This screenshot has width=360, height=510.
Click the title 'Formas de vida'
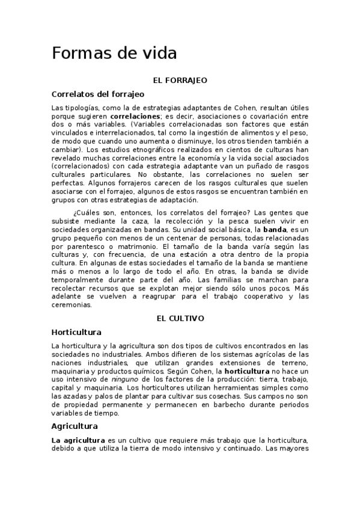pyautogui.click(x=114, y=54)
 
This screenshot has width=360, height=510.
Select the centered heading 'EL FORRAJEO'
pyautogui.click(x=180, y=79)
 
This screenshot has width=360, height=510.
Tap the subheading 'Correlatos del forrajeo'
pyautogui.click(x=97, y=94)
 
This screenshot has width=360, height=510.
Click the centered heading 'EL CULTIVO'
pyautogui.click(x=180, y=318)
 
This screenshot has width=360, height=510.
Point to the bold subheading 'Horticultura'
pyautogui.click(x=76, y=332)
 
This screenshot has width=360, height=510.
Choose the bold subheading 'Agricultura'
pyautogui.click(x=75, y=426)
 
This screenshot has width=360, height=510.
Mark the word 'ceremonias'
pyautogui.click(x=72, y=305)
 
